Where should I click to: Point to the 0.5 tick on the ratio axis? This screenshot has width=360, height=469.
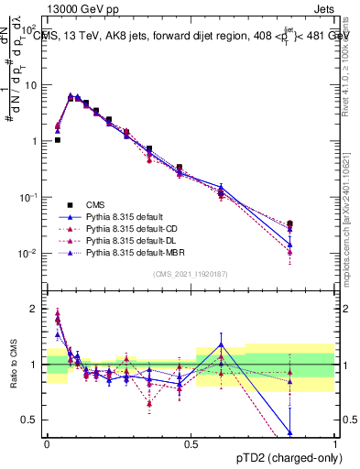coord(32,420)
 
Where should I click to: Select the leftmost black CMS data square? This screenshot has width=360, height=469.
coord(57,140)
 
